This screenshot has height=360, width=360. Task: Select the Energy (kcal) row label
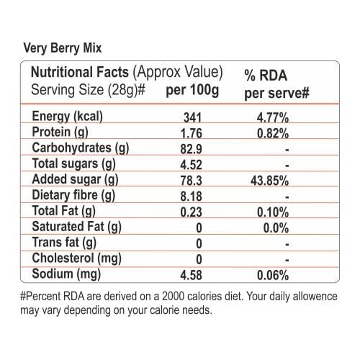[x=69, y=118]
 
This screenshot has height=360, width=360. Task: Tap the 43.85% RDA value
[x=271, y=180]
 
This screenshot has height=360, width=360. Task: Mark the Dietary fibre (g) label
[x=74, y=195]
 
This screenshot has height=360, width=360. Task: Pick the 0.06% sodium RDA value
[x=274, y=274]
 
